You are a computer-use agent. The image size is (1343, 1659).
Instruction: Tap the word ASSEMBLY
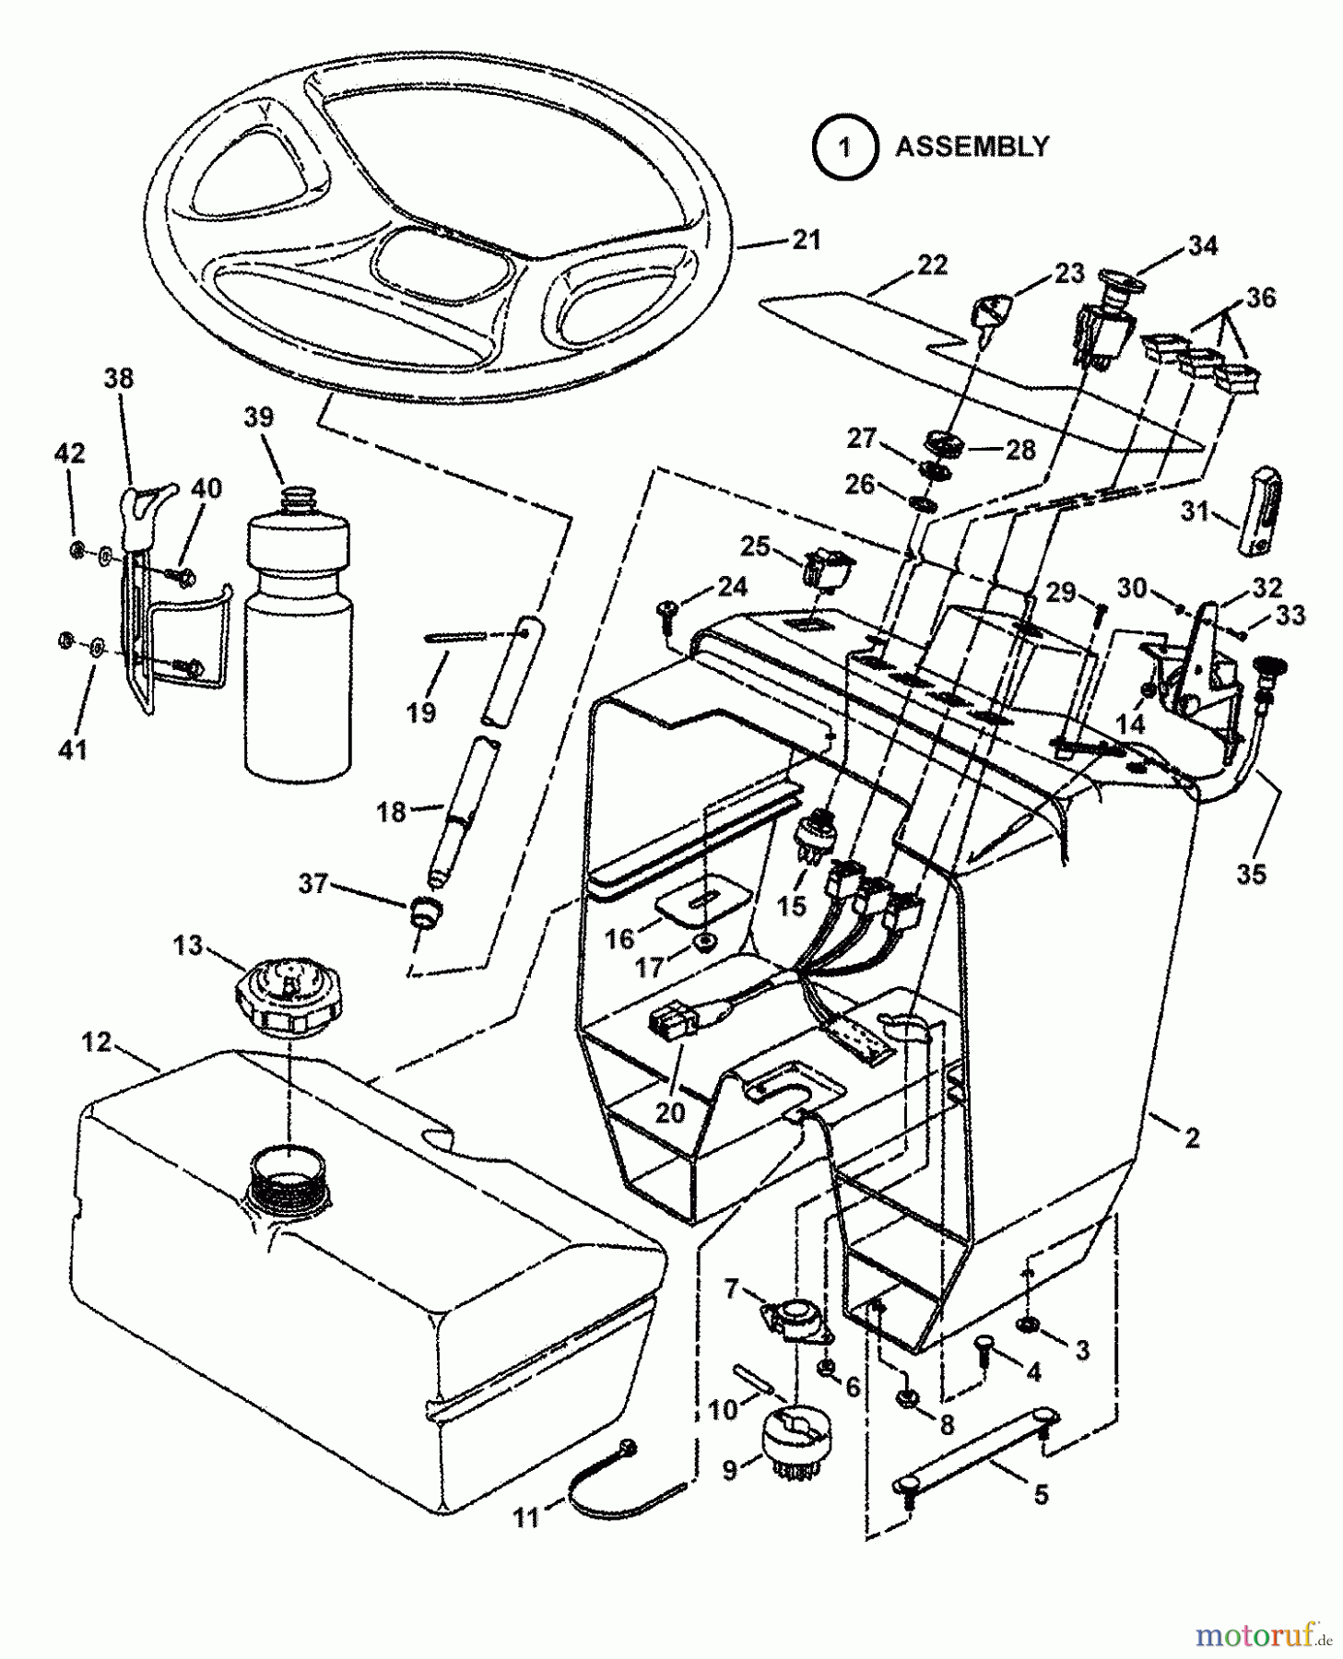pos(972,147)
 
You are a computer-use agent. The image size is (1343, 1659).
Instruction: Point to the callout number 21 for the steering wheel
pos(805,241)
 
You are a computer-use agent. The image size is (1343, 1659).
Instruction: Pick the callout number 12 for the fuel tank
pos(96,1042)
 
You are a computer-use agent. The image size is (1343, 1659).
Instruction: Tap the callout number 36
pos(1260,298)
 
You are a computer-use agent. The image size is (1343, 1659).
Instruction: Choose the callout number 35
pos(1251,874)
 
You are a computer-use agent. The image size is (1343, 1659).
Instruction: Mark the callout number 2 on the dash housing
pos(1192,1139)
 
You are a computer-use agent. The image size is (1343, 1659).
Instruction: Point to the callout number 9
pos(730,1471)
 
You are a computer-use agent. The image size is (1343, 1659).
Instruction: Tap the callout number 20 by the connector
pos(670,1112)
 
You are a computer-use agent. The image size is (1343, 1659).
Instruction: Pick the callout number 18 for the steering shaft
pos(392,812)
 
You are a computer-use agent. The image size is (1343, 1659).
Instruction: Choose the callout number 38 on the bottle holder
pos(118,379)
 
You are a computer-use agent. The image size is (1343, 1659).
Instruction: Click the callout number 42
pos(70,453)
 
